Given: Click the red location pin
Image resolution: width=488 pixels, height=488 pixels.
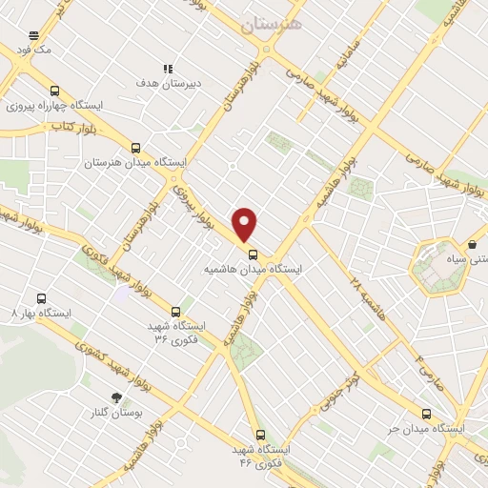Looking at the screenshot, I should pos(246,223).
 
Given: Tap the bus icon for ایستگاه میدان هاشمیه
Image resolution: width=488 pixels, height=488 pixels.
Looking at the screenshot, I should pos(254,254).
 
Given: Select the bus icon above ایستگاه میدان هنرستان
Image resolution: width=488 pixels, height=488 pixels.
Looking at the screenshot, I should pos(135,148).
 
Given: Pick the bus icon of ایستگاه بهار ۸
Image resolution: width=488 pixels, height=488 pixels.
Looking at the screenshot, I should pos(40,297).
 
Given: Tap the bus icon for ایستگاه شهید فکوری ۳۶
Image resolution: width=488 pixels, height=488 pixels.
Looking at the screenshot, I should pos(175,311).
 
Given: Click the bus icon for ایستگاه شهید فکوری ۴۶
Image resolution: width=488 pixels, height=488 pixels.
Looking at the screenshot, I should pos(260,433).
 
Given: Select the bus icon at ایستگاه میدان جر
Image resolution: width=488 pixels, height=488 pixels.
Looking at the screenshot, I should pos(425,414).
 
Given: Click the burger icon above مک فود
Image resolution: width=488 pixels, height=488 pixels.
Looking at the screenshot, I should pos(33,33).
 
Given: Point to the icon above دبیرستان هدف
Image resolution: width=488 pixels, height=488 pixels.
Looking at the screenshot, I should pos(168,69).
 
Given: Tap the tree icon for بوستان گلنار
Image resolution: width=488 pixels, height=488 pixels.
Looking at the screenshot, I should pos(116,398).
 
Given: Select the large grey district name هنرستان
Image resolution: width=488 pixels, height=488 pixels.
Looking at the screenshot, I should pos(272,26).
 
